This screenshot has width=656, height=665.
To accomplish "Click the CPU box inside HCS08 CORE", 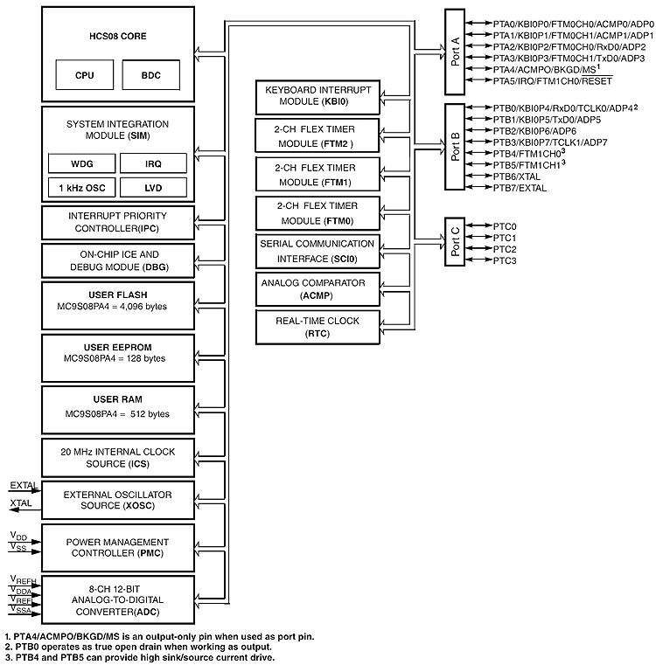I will coord(84,75).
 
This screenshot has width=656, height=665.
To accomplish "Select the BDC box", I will coord(150,75).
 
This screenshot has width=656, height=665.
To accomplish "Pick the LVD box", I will coord(152,187).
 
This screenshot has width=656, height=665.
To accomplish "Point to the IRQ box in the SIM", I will coord(152,163).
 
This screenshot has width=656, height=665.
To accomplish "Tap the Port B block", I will coord(455,146).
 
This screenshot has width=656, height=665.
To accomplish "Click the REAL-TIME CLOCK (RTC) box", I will coord(319,327).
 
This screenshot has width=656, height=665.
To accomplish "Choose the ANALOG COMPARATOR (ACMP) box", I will coord(319,288).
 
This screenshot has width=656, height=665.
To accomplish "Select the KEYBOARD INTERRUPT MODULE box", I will coord(319,96).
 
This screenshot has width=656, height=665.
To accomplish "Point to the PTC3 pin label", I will coord(505,261).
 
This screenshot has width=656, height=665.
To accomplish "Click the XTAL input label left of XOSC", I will coord(21,505).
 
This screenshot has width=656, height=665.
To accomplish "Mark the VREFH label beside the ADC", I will coord(22,579).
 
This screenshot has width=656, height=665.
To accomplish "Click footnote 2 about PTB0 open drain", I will coord(136,647).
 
